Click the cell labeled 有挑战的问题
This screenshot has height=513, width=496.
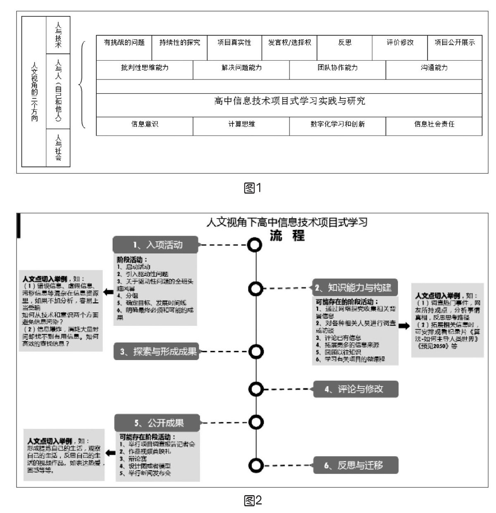(124, 48)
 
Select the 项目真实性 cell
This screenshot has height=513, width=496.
(234, 48)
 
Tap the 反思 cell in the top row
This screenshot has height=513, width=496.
(345, 48)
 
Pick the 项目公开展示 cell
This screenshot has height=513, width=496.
(455, 48)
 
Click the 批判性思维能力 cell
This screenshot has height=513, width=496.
(145, 69)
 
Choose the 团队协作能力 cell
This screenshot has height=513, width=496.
(338, 69)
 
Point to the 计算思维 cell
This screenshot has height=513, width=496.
(241, 126)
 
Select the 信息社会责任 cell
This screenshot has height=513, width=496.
(434, 126)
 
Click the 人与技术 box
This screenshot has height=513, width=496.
(58, 35)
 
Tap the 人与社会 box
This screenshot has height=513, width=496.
(58, 148)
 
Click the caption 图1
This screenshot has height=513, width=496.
(253, 188)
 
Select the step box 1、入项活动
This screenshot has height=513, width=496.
(155, 245)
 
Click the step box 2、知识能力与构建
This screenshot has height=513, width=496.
(355, 288)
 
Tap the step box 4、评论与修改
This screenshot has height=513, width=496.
(355, 389)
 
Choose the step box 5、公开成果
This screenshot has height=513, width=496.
(157, 423)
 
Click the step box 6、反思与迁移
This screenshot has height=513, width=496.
(355, 465)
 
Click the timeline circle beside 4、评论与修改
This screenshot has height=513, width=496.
(256, 389)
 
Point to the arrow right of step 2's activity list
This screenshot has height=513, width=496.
(404, 325)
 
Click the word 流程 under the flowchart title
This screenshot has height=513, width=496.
(287, 236)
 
